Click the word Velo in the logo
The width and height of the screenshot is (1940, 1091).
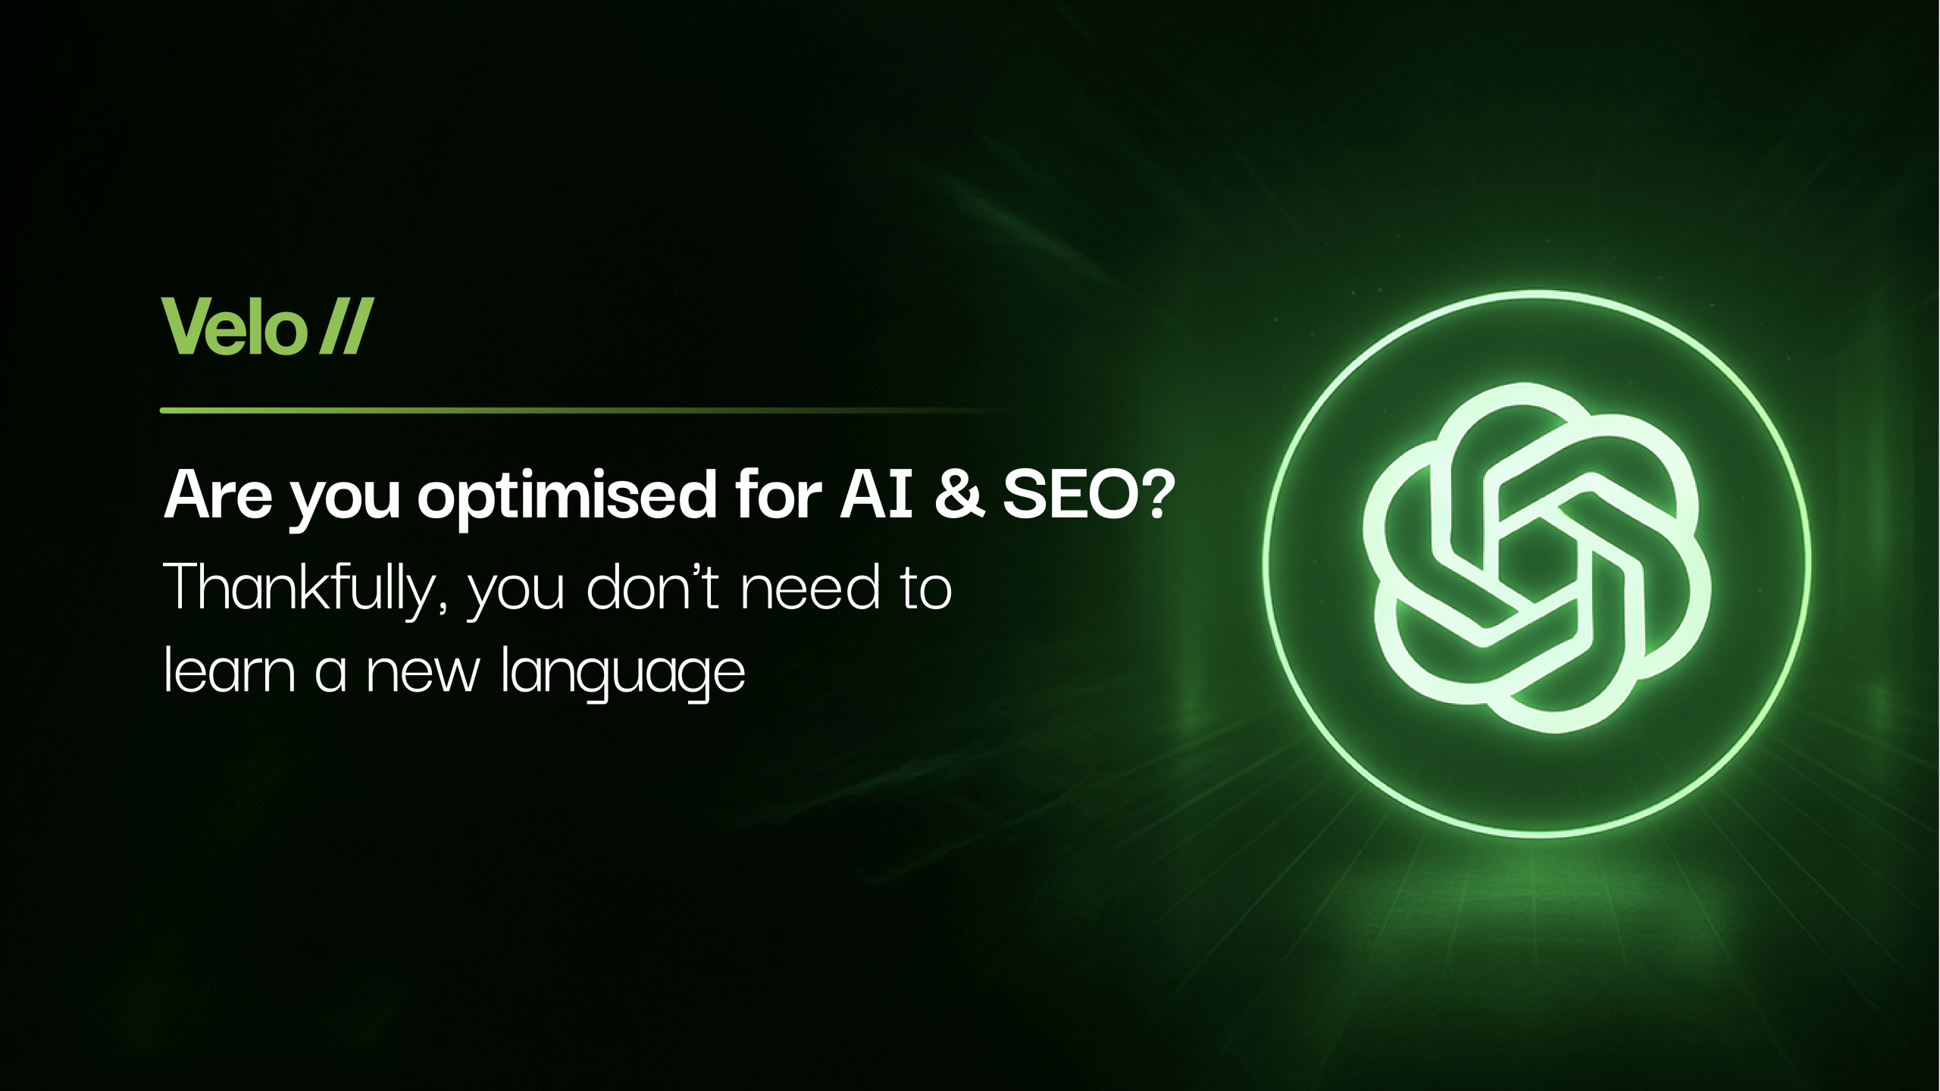pyautogui.click(x=234, y=327)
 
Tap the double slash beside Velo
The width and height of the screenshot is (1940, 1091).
pyautogui.click(x=346, y=327)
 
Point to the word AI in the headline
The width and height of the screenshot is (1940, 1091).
pyautogui.click(x=876, y=494)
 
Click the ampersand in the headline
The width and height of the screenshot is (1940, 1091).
pyautogui.click(x=959, y=494)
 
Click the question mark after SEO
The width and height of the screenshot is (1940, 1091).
pyautogui.click(x=1159, y=494)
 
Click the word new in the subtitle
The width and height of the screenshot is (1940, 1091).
pyautogui.click(x=423, y=672)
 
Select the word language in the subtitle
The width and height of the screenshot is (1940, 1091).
pyautogui.click(x=624, y=674)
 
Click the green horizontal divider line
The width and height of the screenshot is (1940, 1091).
pyautogui.click(x=584, y=411)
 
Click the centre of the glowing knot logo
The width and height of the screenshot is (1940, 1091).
pyautogui.click(x=1536, y=558)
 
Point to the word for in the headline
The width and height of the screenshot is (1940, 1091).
pyautogui.click(x=778, y=494)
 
